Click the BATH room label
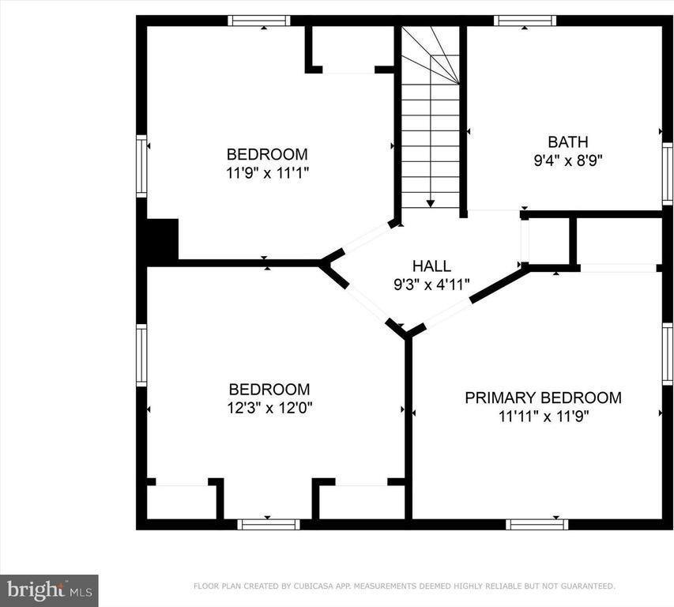568,141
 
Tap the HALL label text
431,266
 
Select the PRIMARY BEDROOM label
544,398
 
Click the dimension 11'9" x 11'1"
267,173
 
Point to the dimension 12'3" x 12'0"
269,408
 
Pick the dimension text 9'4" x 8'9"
568,160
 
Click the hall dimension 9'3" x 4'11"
431,285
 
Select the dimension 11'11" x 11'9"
544,417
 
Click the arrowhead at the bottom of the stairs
431,204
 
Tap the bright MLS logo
49,590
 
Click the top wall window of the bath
525,21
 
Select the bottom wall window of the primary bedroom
537,525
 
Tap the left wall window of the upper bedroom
141,166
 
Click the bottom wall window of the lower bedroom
269,525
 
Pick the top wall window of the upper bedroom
258,21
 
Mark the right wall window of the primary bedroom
668,354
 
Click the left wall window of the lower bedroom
141,355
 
